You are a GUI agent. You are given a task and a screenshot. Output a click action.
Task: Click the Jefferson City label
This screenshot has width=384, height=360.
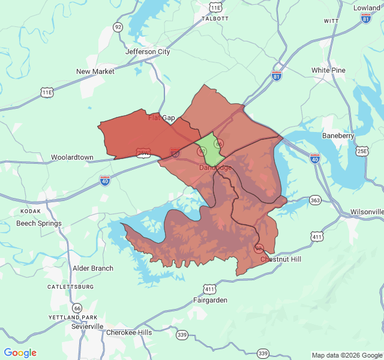[148, 52]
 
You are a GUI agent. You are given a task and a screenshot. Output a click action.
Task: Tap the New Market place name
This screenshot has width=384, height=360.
[95, 71]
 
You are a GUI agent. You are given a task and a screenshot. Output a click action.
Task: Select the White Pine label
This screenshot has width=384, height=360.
[328, 70]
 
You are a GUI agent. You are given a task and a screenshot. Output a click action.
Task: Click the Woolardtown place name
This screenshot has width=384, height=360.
[72, 157]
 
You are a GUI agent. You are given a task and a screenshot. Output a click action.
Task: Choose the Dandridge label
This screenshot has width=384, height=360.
[215, 167]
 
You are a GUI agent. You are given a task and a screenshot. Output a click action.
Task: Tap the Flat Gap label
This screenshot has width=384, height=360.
[161, 118]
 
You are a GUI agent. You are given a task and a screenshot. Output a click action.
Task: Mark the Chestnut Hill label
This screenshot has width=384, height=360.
[281, 259]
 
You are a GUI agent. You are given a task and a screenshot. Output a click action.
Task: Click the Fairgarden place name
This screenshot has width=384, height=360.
[210, 300]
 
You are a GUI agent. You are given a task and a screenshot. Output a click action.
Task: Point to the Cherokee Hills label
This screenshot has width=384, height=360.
[129, 332]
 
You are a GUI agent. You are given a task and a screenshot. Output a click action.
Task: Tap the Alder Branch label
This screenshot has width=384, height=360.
[92, 268]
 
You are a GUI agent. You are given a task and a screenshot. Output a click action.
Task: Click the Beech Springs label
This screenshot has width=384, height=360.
[39, 223]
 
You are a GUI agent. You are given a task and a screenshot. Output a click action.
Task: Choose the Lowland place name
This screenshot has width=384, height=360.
[367, 8]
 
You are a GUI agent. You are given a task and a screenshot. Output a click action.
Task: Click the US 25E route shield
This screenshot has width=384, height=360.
[362, 151]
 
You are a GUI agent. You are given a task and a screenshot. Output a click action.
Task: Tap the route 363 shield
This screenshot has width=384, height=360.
[316, 200]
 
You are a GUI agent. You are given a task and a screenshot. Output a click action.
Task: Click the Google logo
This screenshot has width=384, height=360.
[20, 353]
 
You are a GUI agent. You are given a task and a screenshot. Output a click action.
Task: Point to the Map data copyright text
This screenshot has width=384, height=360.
[346, 355]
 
